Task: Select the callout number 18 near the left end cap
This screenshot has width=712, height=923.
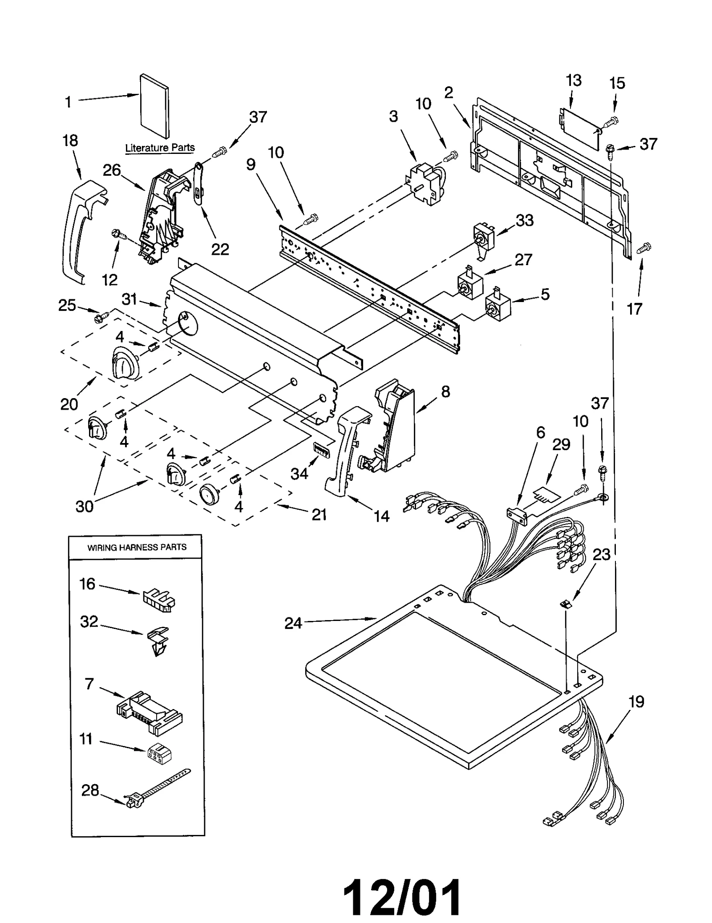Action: click(70, 141)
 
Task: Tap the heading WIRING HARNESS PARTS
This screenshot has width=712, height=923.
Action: click(137, 548)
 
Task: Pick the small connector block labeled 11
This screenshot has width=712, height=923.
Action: click(159, 753)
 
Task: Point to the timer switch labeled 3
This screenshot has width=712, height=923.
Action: click(425, 185)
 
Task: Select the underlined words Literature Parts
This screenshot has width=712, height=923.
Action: click(160, 148)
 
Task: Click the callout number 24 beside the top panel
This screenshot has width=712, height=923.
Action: click(293, 623)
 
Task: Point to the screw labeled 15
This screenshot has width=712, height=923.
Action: click(611, 121)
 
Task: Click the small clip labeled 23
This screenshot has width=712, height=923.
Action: click(566, 604)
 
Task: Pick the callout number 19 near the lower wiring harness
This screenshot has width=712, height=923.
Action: click(636, 702)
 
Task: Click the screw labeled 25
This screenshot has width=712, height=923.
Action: click(101, 317)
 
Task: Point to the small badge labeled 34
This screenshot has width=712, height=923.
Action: click(320, 450)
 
